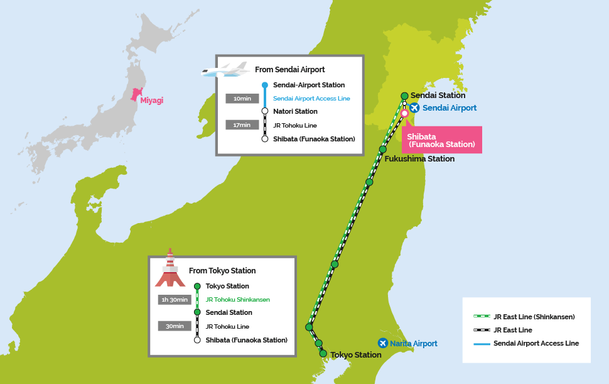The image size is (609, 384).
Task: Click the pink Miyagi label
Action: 151,101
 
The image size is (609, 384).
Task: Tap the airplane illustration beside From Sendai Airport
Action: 225,70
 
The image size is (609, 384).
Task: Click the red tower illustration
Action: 170,268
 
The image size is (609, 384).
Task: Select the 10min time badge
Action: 242,99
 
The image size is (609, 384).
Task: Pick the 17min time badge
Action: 242,125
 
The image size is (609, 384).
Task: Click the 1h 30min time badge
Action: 175,300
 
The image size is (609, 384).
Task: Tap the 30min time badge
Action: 175,326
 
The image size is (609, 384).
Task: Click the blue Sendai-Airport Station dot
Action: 265,85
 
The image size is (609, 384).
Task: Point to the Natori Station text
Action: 295,111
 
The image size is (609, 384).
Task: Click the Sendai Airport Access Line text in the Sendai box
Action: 311,99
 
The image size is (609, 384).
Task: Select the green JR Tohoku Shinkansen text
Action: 238,300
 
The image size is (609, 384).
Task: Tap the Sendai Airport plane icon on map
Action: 414,107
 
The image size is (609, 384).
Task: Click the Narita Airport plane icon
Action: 383,343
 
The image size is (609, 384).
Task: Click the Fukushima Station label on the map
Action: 419,158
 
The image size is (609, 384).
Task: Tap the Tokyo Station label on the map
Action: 356,355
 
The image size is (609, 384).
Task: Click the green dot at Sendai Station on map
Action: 404,96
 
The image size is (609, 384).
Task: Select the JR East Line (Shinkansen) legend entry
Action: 524,317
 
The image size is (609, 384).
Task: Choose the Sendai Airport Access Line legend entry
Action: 526,343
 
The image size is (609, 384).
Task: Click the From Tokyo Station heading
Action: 222,270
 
